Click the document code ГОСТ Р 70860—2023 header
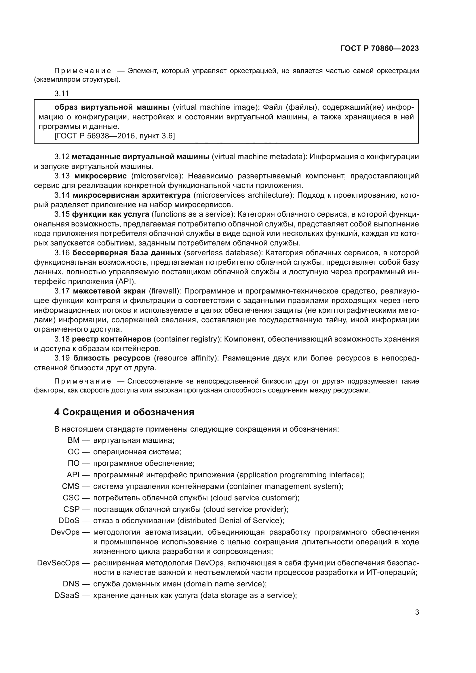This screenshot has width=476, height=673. [x=379, y=49]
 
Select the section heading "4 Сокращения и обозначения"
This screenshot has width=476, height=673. [x=124, y=412]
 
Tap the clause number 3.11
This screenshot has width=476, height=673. [x=62, y=94]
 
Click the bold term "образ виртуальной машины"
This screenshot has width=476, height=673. [x=112, y=107]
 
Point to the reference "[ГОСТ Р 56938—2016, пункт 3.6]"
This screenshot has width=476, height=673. [x=115, y=136]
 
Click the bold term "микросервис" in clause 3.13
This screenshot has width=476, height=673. [x=100, y=176]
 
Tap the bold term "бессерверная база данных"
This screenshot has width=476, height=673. [x=127, y=253]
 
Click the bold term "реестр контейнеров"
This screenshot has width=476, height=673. [x=111, y=339]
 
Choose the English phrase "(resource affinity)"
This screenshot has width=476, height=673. [x=186, y=358]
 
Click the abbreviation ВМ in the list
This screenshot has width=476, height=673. [x=73, y=440]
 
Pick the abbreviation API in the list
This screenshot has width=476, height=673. [x=73, y=475]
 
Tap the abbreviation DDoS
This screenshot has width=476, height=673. [x=69, y=521]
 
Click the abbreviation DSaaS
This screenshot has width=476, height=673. [x=67, y=596]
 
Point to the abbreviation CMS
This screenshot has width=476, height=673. [x=71, y=486]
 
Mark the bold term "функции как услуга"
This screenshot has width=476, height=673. [x=111, y=214]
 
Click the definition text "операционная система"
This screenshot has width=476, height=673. [x=137, y=452]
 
